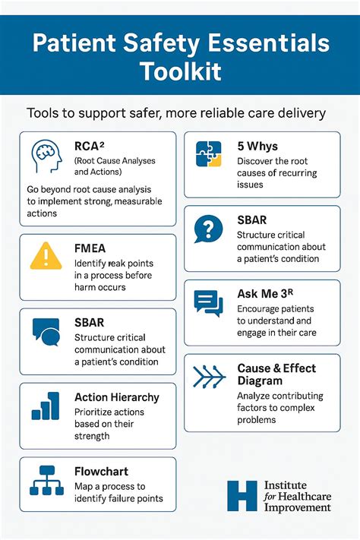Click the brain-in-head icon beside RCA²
click(x=46, y=156)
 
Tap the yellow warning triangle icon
click(x=46, y=256)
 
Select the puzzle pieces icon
click(x=208, y=154)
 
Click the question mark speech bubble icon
click(x=208, y=229)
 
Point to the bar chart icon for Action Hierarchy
click(x=46, y=406)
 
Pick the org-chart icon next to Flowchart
click(x=46, y=481)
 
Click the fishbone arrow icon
click(x=209, y=377)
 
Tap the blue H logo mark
click(x=242, y=496)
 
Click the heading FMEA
click(x=90, y=248)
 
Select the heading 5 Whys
click(x=257, y=146)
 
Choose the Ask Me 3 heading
click(x=265, y=294)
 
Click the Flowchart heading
click(x=101, y=471)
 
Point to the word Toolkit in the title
click(x=181, y=71)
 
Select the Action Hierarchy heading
click(x=117, y=398)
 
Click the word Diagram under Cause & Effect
click(x=260, y=381)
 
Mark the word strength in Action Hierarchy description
click(x=92, y=436)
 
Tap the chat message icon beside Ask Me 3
click(x=208, y=303)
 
